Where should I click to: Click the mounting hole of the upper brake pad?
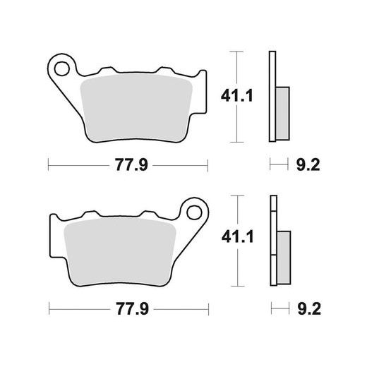(x=63, y=69)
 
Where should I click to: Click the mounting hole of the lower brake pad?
(x=194, y=211)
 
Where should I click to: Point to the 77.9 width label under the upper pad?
(x=128, y=167)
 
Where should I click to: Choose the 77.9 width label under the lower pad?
(x=128, y=309)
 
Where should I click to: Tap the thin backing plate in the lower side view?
(x=271, y=239)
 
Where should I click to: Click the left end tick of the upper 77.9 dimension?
(x=47, y=166)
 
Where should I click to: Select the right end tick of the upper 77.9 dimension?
(x=209, y=166)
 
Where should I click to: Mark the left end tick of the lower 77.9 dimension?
(x=47, y=309)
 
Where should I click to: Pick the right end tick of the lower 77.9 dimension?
(x=209, y=309)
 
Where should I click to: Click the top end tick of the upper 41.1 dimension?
(x=236, y=52)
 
